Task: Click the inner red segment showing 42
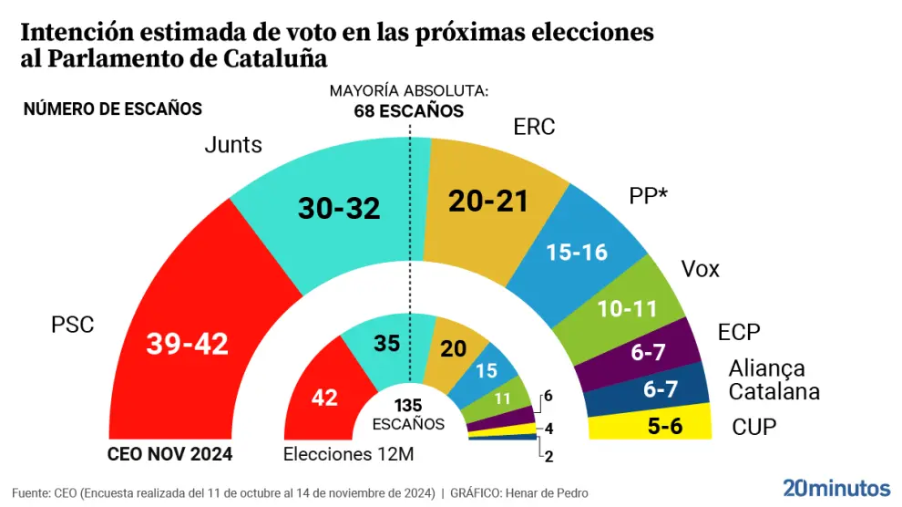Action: click(324, 398)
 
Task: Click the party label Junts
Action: click(233, 144)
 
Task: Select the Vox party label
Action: click(700, 269)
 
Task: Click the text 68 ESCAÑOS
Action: click(409, 111)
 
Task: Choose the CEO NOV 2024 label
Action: click(170, 454)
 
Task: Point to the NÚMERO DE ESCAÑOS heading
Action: click(112, 109)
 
